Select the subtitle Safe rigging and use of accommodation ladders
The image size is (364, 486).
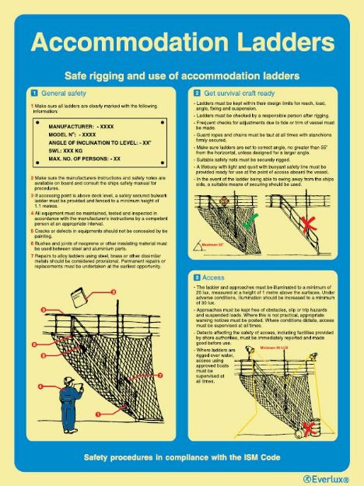[x=182, y=76]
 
